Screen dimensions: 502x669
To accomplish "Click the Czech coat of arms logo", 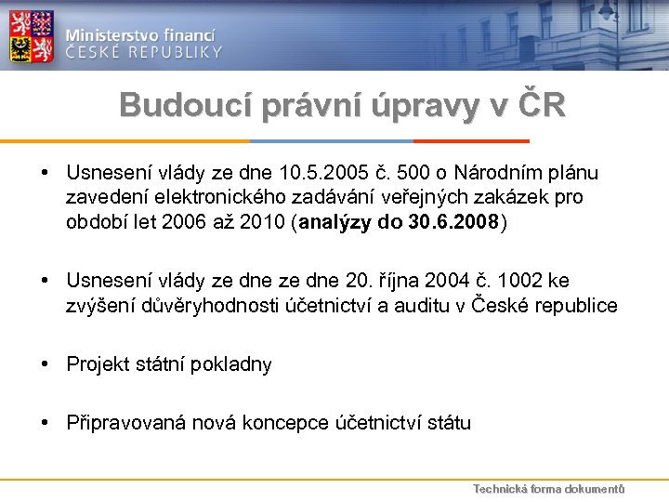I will coord(32,36).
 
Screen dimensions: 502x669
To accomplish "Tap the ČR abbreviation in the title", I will coord(541,105).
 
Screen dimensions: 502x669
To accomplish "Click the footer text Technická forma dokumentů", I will coord(548,489).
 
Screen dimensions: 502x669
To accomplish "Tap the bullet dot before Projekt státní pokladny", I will coord(45,364).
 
